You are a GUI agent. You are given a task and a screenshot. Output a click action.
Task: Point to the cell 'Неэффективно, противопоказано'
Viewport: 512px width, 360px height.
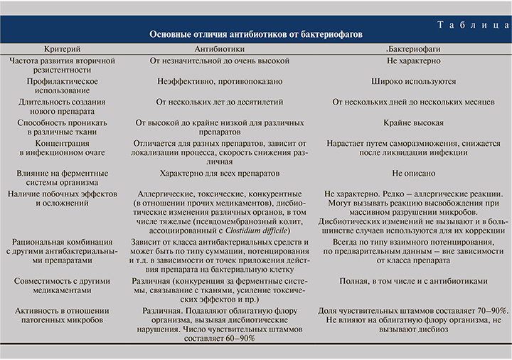point(220,82)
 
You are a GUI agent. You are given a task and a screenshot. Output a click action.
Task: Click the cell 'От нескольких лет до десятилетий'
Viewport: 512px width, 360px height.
point(220,102)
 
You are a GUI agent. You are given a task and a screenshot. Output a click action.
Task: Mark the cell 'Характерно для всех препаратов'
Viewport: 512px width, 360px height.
point(220,173)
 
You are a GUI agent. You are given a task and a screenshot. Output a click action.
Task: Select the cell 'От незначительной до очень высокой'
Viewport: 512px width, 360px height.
point(220,62)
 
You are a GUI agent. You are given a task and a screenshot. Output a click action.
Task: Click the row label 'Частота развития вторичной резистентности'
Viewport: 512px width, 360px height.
point(61,67)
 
